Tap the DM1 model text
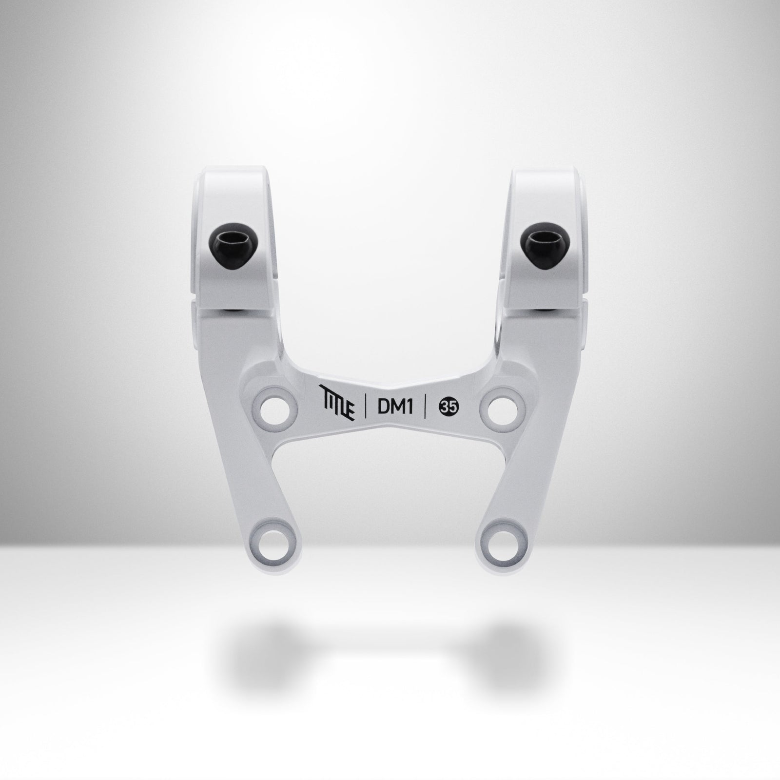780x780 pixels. coord(395,407)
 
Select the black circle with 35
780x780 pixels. coord(447,407)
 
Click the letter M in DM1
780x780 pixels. coord(396,407)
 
